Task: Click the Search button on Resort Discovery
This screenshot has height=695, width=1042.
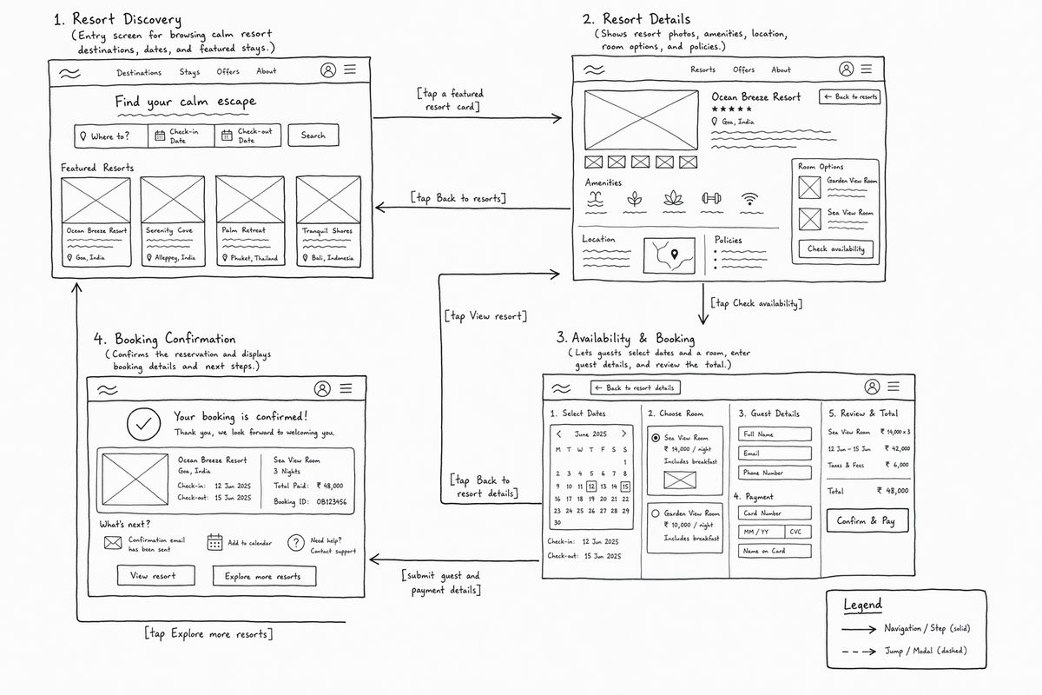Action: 313,136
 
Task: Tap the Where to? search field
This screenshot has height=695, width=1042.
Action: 111,136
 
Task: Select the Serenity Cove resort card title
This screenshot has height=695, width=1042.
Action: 168,230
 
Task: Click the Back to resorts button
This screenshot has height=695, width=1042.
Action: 849,96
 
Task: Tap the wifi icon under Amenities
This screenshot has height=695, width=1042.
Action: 749,199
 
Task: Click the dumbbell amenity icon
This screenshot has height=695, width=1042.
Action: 711,198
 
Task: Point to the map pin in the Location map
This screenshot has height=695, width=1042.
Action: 675,255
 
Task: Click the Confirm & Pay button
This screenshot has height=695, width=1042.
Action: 867,520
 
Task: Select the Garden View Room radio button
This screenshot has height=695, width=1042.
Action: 656,513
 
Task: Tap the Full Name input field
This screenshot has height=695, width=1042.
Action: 775,434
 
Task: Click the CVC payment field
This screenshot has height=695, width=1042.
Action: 798,532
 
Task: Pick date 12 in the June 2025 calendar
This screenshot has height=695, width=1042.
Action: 591,486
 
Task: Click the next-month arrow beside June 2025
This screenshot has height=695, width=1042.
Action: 623,434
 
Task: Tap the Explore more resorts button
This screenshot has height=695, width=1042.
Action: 264,576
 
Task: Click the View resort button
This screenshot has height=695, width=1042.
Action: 155,576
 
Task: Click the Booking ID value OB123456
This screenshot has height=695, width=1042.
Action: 331,502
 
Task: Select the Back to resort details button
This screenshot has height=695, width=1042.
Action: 636,387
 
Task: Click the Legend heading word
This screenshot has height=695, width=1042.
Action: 862,605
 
